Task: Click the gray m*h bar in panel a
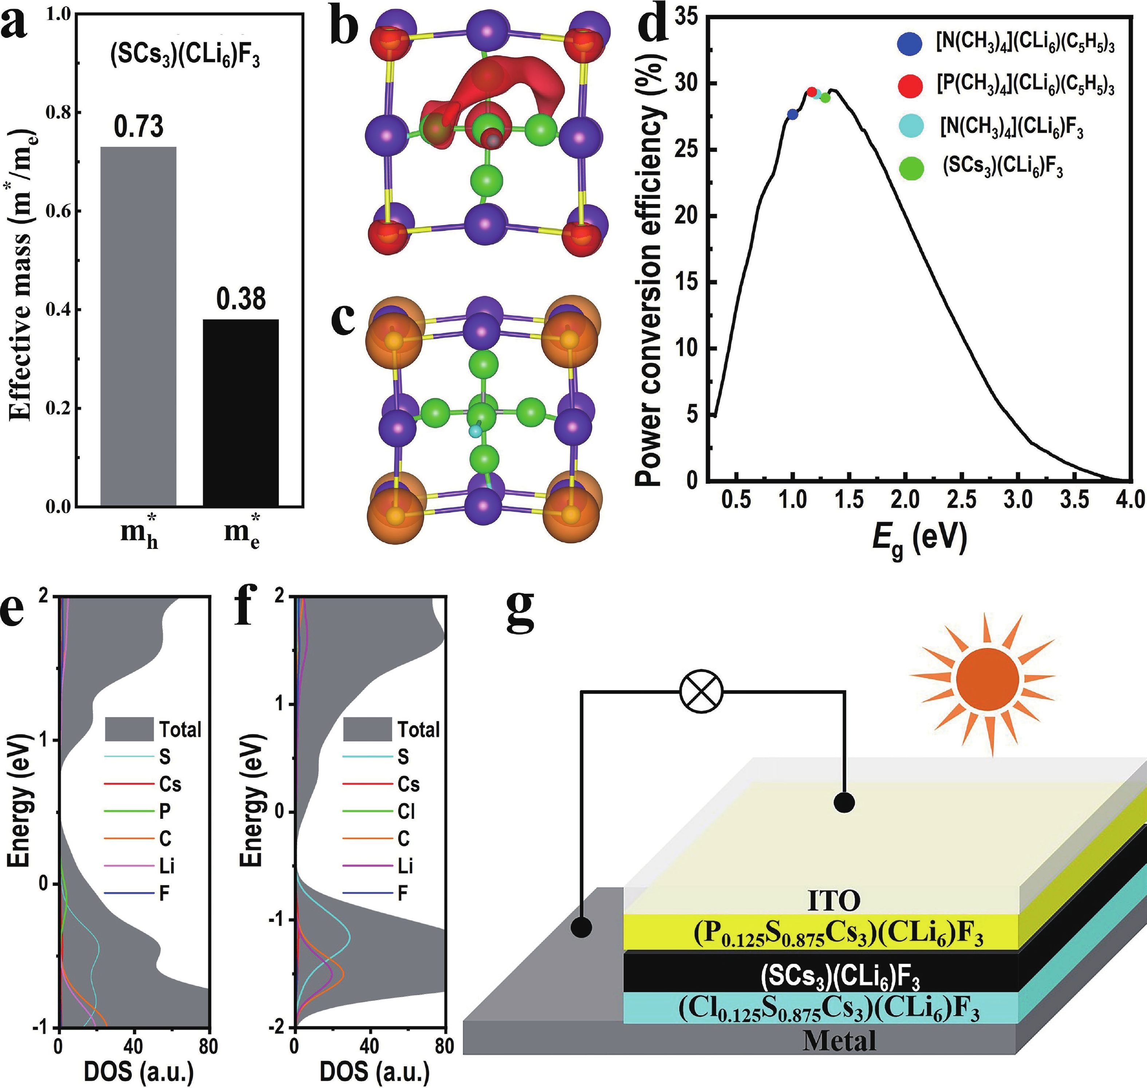click(139, 326)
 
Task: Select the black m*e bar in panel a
click(241, 413)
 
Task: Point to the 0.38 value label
click(241, 299)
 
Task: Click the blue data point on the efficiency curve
click(793, 114)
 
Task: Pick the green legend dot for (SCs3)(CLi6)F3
click(911, 168)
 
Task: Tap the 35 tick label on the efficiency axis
click(688, 17)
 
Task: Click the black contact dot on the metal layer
click(582, 927)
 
